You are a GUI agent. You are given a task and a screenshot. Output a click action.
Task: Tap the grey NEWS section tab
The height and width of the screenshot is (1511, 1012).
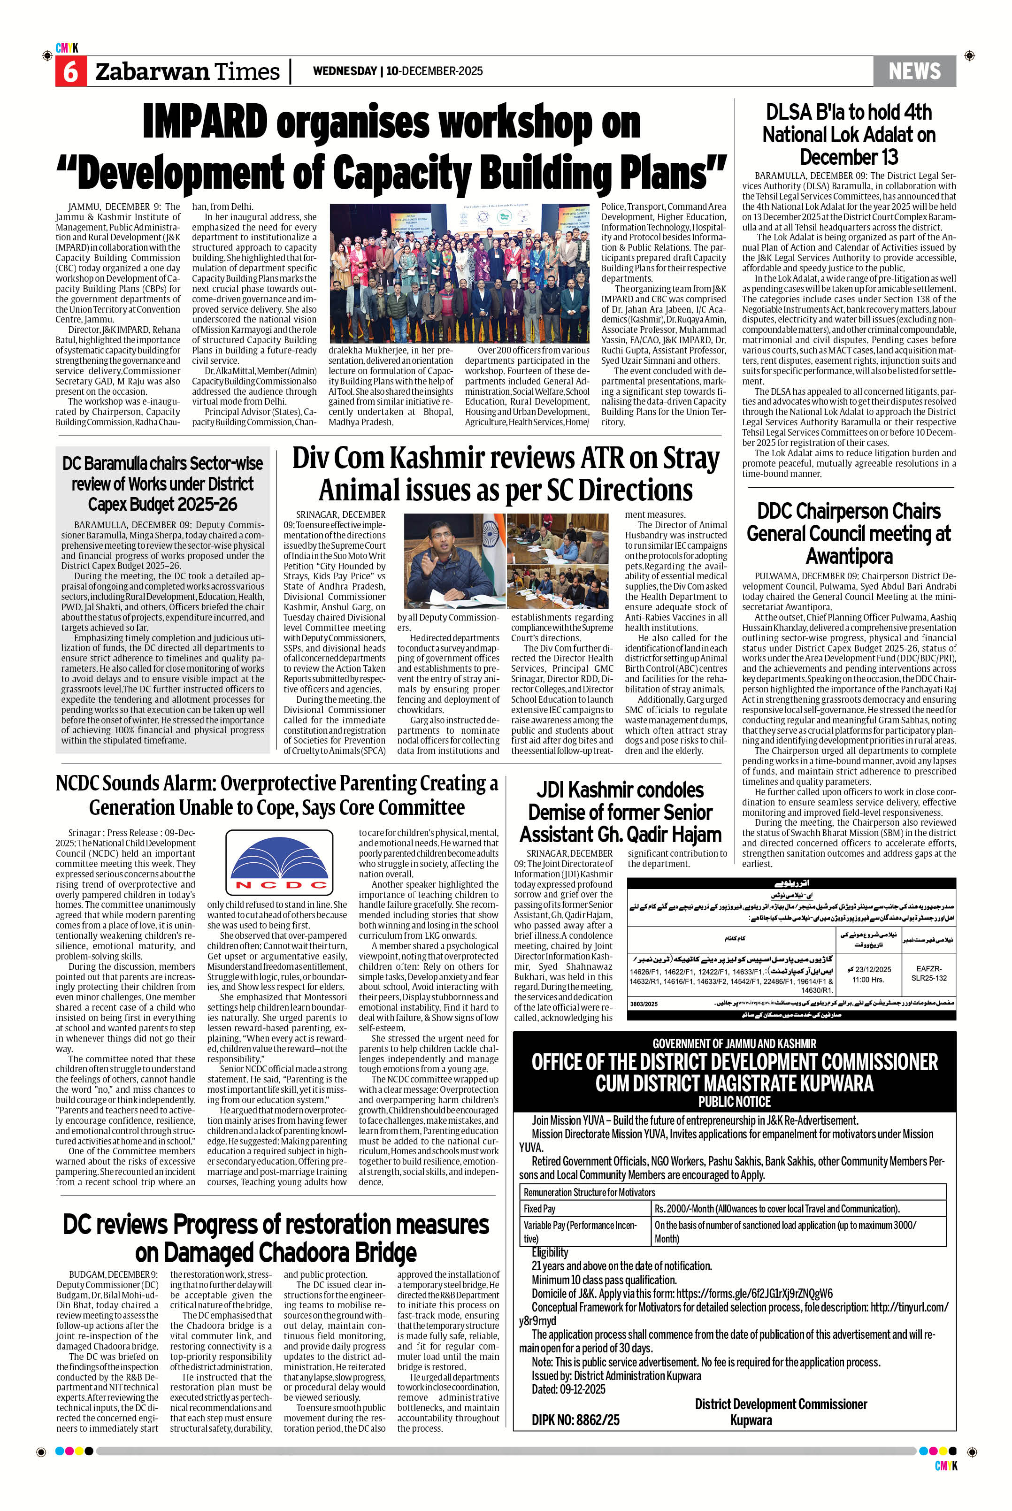pos(914,71)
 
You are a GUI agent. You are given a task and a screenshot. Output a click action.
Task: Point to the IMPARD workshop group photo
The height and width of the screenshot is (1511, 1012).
pos(460,273)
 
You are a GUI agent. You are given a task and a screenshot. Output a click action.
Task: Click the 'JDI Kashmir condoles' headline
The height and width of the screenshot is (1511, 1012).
pos(620,790)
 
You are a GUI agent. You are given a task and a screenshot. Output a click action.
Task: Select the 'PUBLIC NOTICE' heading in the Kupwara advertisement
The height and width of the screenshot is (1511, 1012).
pos(734,1101)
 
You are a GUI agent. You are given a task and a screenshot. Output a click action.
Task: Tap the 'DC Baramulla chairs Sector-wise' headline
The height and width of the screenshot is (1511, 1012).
pos(162,463)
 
